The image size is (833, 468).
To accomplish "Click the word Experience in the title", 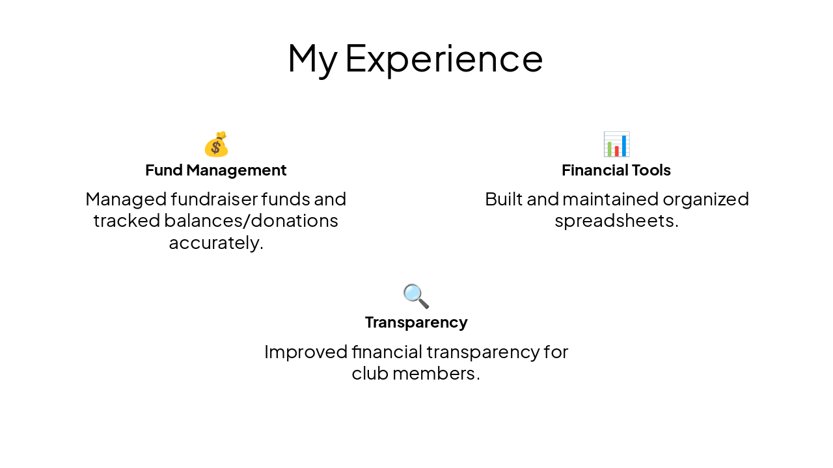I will coord(444,58).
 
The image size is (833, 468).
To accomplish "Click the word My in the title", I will coord(312,58).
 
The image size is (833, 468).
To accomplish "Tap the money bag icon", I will coord(216,144).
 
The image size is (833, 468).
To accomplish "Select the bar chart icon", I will coord(616,144).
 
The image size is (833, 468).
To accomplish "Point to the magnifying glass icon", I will coord(416,296).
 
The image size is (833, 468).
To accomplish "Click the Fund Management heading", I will coord(216,170).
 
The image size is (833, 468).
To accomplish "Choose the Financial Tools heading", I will coord(616,170).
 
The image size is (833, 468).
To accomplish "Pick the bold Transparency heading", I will coord(416,322).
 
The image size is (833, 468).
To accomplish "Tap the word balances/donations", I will coord(251,221).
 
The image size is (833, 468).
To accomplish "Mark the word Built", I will coord(504,199).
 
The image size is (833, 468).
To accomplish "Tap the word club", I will coord(370,374).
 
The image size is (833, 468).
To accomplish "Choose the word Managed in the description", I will coord(126,199).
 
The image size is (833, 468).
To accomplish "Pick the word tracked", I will coord(126,221).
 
